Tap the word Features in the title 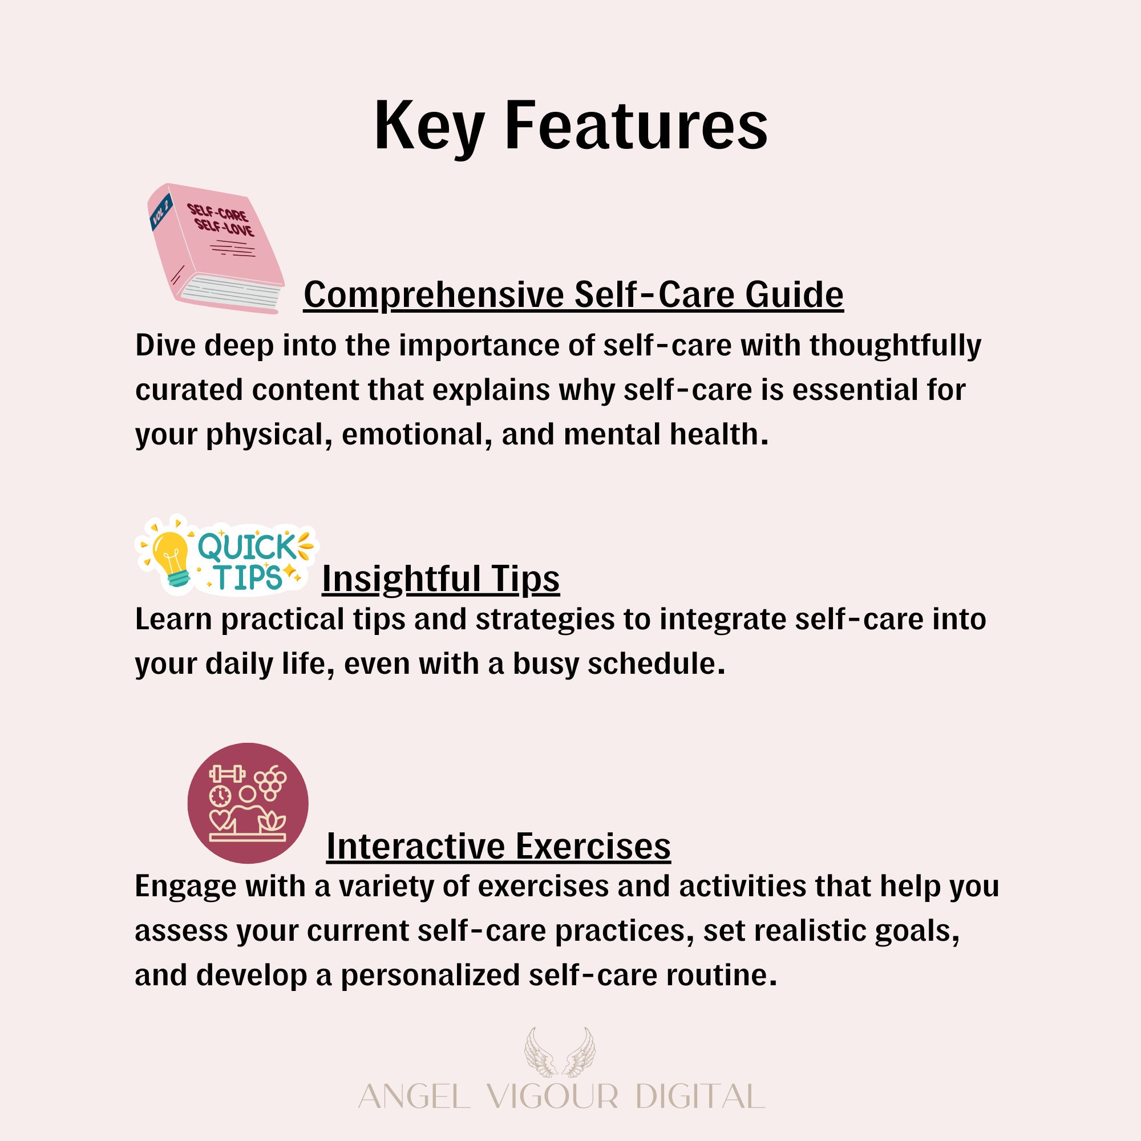click(x=636, y=125)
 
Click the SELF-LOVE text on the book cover click(x=224, y=228)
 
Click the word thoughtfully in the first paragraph click(x=895, y=346)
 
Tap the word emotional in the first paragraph click(x=417, y=434)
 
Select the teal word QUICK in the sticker click(x=248, y=547)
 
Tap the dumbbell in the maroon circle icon click(x=228, y=774)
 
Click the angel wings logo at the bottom click(x=560, y=1053)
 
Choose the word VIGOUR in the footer click(x=553, y=1097)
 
